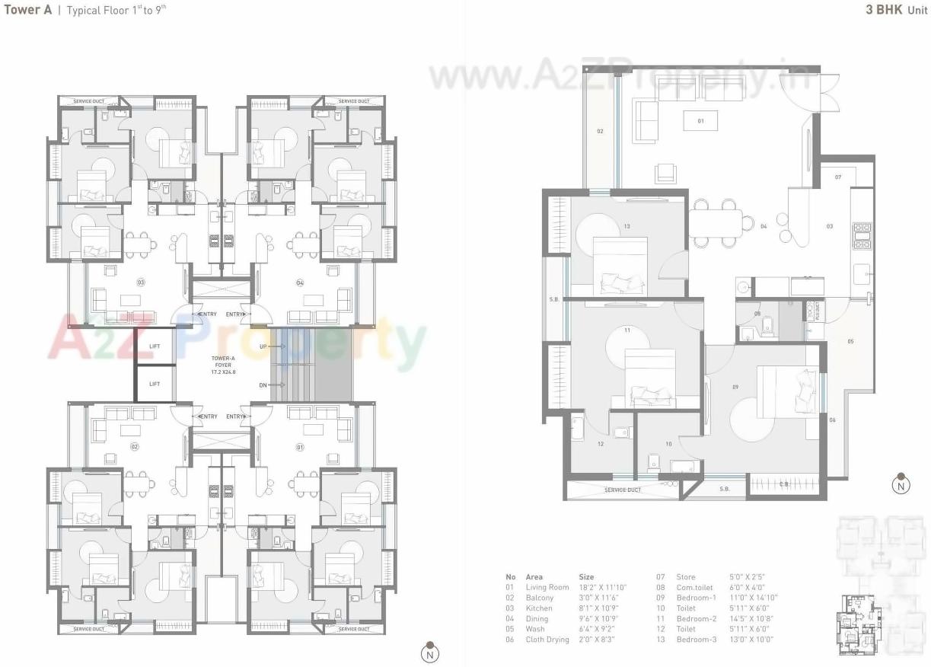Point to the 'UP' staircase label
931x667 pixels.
click(263, 346)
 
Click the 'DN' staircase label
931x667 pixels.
click(263, 385)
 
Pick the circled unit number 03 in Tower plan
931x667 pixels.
click(141, 282)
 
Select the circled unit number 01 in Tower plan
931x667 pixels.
click(299, 447)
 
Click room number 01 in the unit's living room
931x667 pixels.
click(700, 120)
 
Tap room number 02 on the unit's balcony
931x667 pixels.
click(600, 132)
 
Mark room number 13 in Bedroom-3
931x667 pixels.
click(627, 226)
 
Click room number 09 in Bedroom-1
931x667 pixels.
click(735, 388)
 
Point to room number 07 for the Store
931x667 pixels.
click(837, 177)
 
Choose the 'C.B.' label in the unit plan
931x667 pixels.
click(784, 484)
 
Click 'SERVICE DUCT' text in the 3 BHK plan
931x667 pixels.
click(623, 490)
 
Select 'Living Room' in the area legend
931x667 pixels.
click(547, 587)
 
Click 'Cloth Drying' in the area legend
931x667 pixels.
click(547, 640)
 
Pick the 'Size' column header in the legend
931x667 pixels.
click(586, 577)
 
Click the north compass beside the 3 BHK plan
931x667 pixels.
click(901, 483)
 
